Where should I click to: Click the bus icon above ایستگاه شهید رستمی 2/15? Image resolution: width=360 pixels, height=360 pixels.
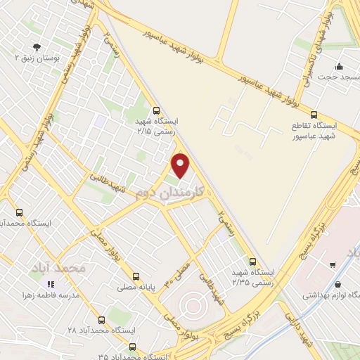(x=156, y=110)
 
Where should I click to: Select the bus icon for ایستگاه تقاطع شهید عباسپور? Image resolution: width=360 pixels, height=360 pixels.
(x=314, y=115)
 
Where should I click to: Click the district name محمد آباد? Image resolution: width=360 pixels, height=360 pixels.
(x=58, y=268)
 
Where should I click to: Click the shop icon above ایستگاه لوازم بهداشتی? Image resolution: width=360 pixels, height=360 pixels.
(x=340, y=285)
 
